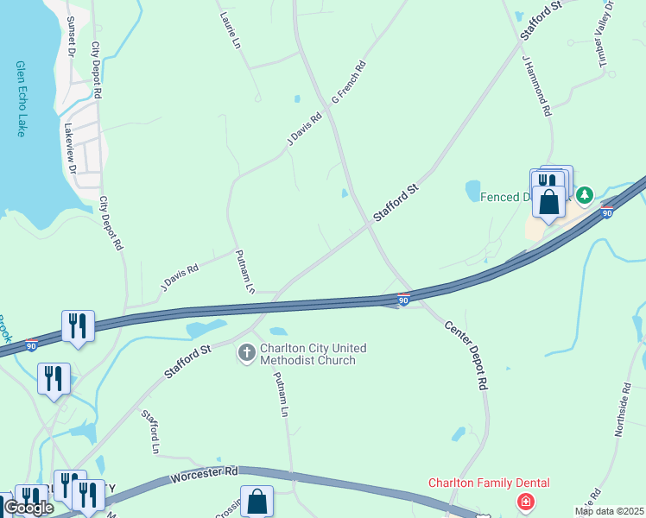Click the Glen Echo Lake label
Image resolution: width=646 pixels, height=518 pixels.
click(20, 98)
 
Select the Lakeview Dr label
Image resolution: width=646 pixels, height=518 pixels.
click(70, 152)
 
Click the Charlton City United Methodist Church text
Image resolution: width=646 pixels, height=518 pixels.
click(302, 354)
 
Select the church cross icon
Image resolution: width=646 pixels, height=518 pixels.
click(246, 353)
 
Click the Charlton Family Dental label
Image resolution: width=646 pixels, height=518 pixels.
click(489, 483)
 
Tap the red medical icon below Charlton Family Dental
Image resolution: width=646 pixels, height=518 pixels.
click(525, 502)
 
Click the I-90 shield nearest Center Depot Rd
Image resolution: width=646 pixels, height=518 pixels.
click(403, 300)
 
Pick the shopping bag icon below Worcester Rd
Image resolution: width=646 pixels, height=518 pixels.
click(257, 500)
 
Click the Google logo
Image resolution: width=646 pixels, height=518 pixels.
click(28, 508)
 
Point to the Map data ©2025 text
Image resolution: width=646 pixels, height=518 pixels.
click(608, 511)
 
